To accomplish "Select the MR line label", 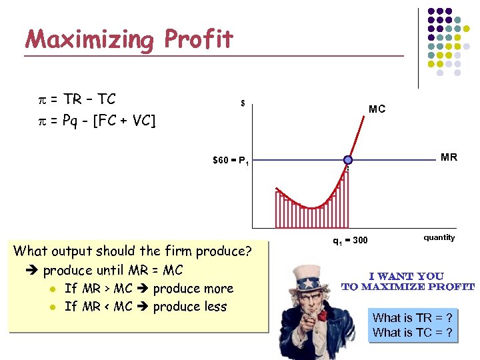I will click(449, 157).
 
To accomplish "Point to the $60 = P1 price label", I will click(231, 161).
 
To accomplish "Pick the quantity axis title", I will click(439, 237).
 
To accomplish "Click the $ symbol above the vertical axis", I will click(243, 103).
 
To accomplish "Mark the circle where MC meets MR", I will click(347, 160).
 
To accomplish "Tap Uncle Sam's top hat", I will click(309, 274).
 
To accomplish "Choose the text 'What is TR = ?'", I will click(413, 318).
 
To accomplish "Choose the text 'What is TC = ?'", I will click(413, 333).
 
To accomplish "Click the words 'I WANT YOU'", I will click(406, 276).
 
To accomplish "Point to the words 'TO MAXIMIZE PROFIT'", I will click(407, 287).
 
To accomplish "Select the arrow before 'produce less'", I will click(144, 307).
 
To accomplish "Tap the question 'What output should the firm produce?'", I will click(133, 251).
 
